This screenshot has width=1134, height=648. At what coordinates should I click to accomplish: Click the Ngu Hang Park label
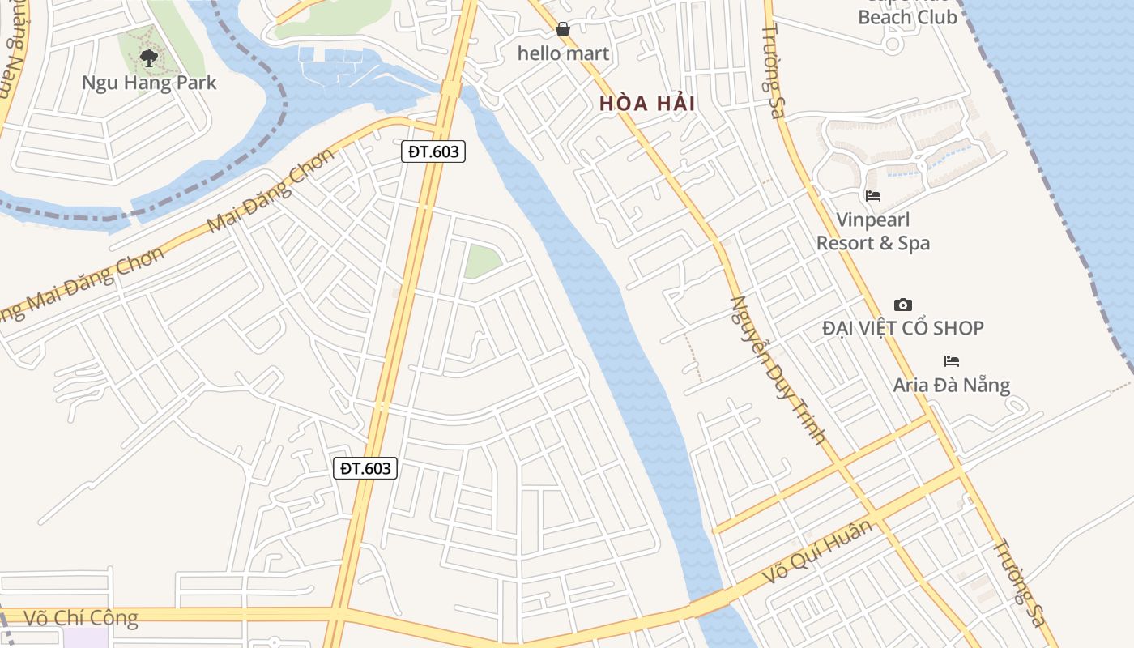[149, 83]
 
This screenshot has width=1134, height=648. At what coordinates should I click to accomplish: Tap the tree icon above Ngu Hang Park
[148, 58]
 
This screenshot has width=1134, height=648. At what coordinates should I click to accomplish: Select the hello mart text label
[563, 54]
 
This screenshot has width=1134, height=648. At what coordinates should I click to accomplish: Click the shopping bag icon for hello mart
[563, 30]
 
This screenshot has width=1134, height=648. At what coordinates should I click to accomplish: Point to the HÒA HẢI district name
[647, 104]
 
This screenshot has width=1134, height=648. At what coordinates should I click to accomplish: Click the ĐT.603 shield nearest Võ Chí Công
[365, 468]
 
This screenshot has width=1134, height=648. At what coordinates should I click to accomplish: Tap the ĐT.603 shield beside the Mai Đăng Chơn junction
[433, 151]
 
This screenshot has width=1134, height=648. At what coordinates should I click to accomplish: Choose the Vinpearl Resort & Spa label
[872, 232]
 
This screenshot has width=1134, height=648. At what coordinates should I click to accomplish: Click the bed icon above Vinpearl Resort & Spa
[872, 196]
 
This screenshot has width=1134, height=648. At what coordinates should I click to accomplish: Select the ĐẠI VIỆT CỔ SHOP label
[902, 328]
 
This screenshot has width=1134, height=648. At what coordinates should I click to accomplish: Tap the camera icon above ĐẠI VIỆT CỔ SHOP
[902, 305]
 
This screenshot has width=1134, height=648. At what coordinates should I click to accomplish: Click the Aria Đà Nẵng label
[951, 385]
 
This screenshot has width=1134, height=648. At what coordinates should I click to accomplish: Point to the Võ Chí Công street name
[81, 619]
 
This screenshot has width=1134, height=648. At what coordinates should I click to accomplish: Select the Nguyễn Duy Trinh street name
[777, 369]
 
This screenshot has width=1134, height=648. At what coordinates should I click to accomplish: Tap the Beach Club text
[907, 18]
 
